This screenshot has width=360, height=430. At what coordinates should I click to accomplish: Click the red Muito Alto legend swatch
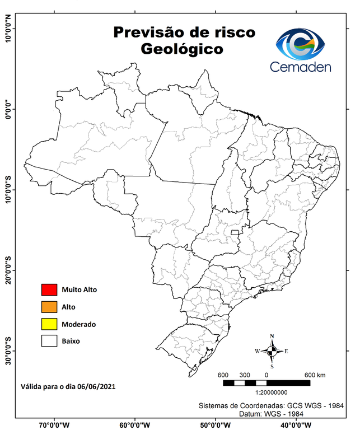[49, 289]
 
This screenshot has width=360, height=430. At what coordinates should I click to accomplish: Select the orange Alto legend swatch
[49, 307]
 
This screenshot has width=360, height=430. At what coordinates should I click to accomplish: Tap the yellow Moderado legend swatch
[49, 324]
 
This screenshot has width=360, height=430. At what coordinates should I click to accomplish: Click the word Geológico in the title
[182, 50]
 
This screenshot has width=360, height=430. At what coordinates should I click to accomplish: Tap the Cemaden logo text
[301, 67]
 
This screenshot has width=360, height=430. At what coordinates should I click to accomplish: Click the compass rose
[272, 351]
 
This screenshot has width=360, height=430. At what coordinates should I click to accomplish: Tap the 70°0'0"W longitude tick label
[54, 424]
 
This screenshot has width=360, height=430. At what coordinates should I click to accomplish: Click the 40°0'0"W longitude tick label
[297, 424]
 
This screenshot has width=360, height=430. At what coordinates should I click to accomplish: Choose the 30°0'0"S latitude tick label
[8, 351]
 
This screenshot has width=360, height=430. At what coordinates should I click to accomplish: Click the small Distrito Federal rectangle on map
[235, 232]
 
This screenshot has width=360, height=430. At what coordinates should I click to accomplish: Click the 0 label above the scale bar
[267, 375]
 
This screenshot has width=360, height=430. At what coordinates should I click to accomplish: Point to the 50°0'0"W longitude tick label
[216, 424]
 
